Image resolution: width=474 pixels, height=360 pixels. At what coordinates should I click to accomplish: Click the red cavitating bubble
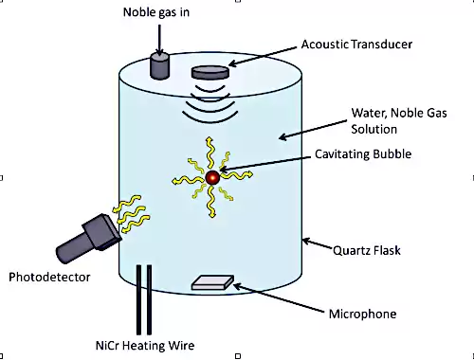point(212,178)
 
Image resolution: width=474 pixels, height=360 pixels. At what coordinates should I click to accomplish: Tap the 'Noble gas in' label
point(156,12)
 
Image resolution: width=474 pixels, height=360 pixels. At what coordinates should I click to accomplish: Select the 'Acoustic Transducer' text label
point(356,45)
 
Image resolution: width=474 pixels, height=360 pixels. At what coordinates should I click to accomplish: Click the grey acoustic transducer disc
point(210,72)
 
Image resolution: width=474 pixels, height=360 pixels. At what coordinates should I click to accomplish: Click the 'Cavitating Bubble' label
point(363,154)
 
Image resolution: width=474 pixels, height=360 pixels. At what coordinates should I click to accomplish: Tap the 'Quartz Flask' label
point(367,250)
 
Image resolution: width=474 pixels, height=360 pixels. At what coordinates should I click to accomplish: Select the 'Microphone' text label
point(362,314)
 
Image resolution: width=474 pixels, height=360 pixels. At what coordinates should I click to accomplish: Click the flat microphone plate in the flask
point(212,282)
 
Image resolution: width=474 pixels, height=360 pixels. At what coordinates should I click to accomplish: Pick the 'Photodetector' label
point(49,277)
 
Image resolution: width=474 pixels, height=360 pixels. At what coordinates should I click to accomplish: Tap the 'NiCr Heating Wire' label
point(145,346)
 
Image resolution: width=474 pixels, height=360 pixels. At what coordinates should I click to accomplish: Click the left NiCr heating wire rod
point(138,299)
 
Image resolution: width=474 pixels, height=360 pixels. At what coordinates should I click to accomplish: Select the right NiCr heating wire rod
point(149,299)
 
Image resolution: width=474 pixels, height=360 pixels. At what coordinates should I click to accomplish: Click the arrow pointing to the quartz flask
point(318,243)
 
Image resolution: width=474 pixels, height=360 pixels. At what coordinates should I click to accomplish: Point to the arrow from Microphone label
point(279,298)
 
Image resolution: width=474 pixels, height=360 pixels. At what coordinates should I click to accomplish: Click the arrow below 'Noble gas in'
point(159,41)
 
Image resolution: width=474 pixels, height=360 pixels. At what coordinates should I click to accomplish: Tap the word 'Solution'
point(374,129)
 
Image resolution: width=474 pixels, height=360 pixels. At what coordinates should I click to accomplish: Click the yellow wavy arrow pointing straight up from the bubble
point(210,153)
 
